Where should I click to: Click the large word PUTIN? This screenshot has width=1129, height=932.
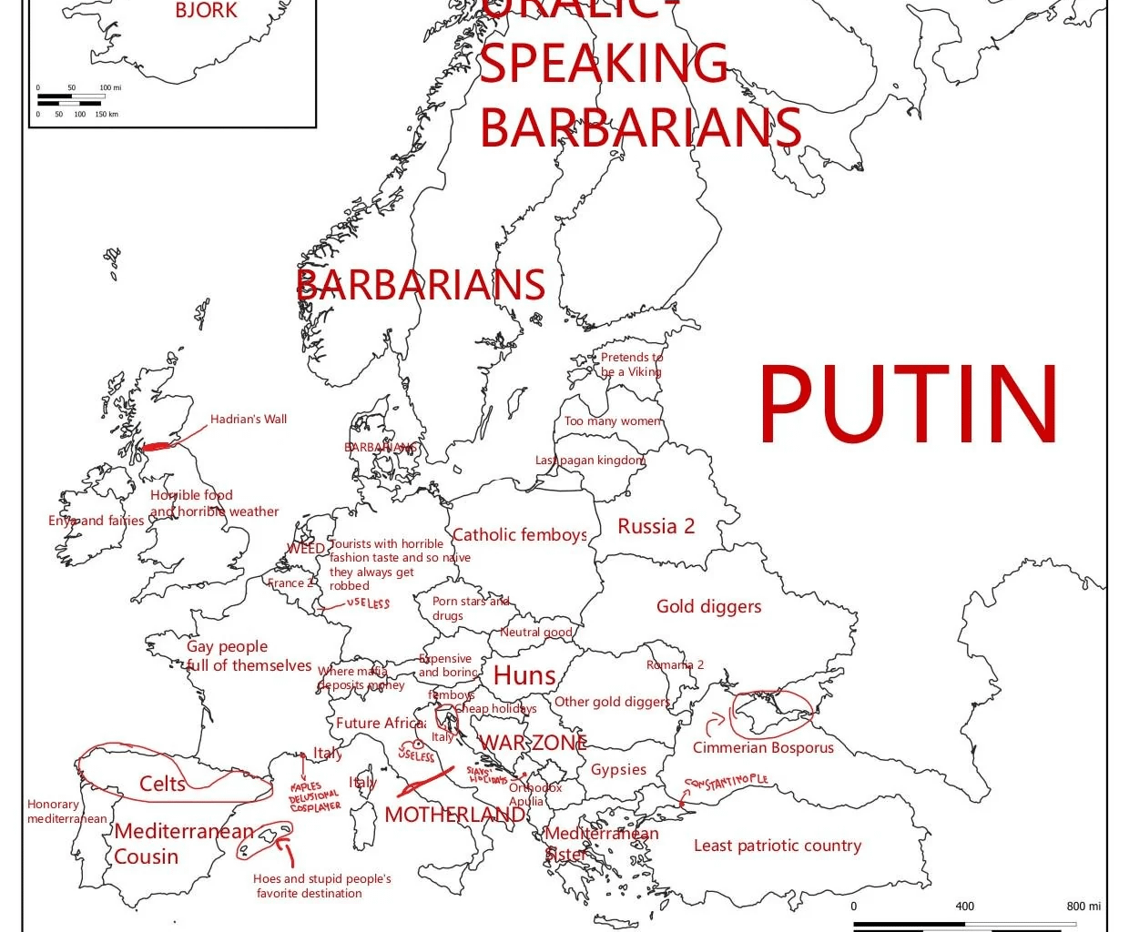(909, 403)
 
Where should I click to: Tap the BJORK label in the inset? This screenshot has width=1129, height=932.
(207, 11)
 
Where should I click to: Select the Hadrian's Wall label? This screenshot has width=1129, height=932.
(248, 420)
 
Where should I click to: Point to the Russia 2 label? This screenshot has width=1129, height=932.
(656, 526)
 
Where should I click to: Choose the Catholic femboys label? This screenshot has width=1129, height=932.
(519, 535)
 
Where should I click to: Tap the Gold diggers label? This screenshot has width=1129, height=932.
(708, 606)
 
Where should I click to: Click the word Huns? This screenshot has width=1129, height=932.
(524, 675)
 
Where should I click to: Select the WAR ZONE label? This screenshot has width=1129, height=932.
(533, 743)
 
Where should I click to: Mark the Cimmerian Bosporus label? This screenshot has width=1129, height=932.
(763, 747)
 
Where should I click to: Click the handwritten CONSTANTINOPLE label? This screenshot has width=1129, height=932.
(727, 782)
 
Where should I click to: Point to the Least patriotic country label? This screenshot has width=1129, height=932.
(777, 846)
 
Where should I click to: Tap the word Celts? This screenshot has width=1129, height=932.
(162, 784)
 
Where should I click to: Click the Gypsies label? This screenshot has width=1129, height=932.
(618, 769)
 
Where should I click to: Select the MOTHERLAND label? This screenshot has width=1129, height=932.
(454, 815)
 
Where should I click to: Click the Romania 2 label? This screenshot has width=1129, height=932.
(675, 664)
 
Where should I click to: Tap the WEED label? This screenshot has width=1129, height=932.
(305, 548)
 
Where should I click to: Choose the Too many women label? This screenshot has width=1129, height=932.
(613, 420)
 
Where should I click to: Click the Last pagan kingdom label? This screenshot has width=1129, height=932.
(590, 461)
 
